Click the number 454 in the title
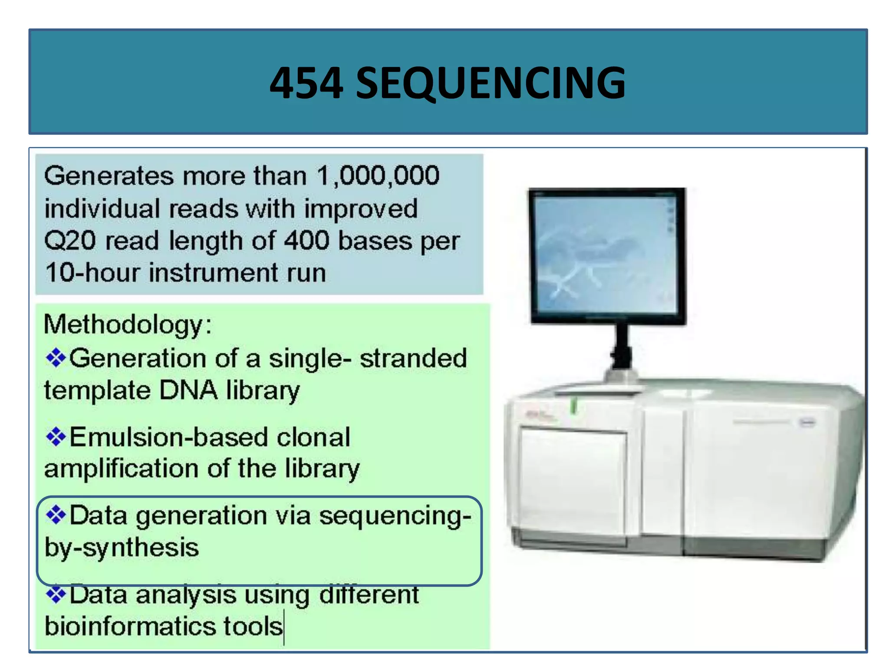click(x=306, y=83)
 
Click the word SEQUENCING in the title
click(x=491, y=83)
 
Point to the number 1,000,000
click(x=378, y=176)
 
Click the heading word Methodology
click(x=123, y=324)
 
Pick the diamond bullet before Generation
click(x=56, y=358)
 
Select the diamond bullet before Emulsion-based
click(x=56, y=436)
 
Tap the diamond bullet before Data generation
click(x=56, y=515)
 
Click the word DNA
click(x=188, y=390)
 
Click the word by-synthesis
click(x=122, y=548)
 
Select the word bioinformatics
click(x=130, y=627)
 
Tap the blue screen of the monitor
click(x=606, y=254)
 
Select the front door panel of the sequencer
click(x=573, y=484)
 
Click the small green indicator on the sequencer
click(x=573, y=406)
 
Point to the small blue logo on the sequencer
click(x=807, y=422)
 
